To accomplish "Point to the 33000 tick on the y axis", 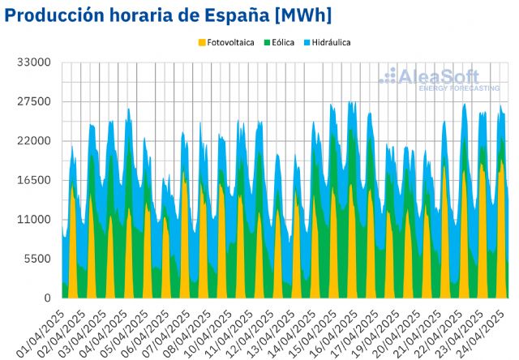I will (x=35, y=62).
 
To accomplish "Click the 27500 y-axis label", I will (x=35, y=101).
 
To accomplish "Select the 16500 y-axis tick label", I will (x=35, y=180).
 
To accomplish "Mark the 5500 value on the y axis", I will (x=38, y=259).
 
